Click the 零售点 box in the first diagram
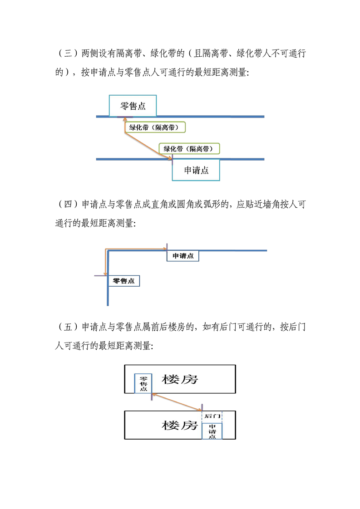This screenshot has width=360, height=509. coord(133,106)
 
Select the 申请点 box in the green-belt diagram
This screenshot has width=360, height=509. coord(196,170)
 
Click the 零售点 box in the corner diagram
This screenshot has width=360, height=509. coord(124,281)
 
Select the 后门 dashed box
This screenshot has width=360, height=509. coord(212,416)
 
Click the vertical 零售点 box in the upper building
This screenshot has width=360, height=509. coord(143,383)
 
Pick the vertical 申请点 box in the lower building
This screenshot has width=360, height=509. coord(212,431)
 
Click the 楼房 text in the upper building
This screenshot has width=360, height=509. coord(180,379)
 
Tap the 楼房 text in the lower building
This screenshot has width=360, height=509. coord(180,426)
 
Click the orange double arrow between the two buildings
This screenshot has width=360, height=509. coord(177,401)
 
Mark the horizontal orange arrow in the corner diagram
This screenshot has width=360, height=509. coord(136,249)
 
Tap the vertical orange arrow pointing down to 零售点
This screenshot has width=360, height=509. coord(105,262)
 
